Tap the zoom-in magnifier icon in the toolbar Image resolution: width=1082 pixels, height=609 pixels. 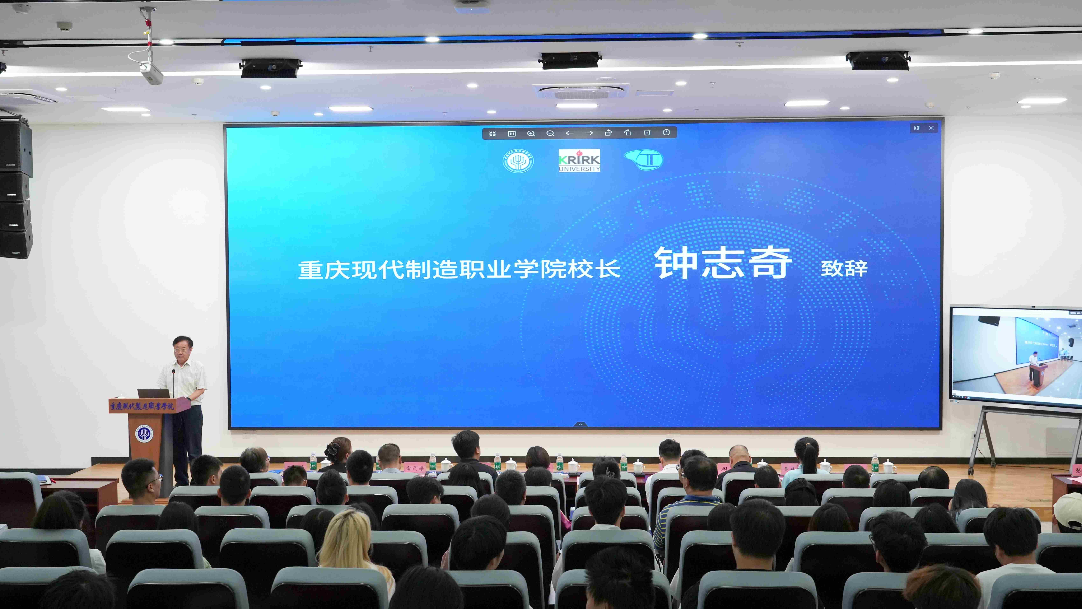tap(531, 133)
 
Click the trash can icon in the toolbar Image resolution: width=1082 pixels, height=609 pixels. tap(647, 133)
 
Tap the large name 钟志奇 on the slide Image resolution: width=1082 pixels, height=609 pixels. tap(723, 263)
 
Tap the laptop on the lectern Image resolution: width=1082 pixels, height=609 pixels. tap(153, 393)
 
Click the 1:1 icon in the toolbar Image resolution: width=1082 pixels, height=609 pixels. tap(512, 134)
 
